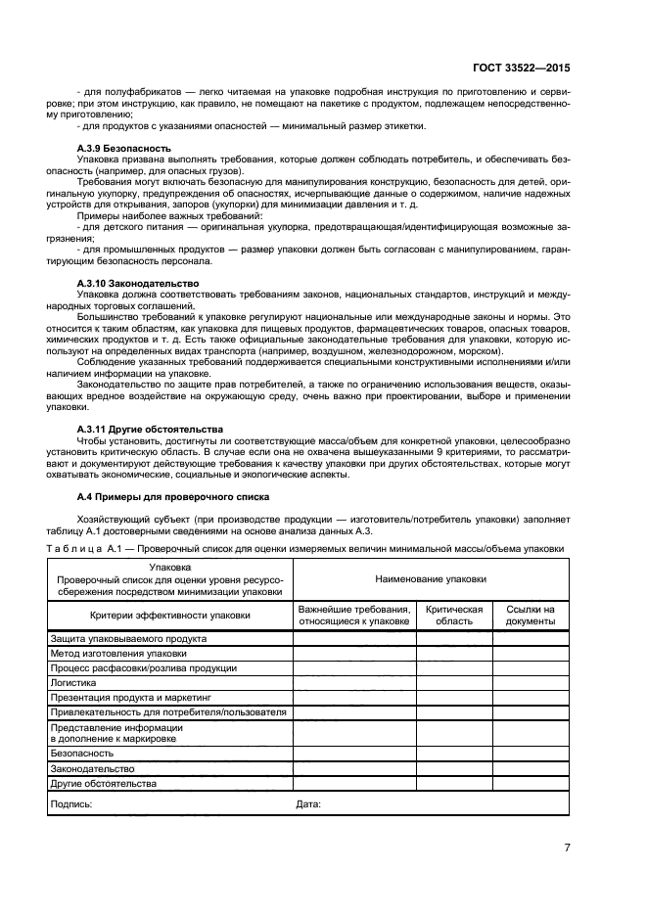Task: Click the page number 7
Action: tap(567, 847)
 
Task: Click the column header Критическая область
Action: tap(454, 615)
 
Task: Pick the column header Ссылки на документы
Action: tap(531, 615)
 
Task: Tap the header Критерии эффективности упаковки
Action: tap(169, 615)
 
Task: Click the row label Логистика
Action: tap(73, 683)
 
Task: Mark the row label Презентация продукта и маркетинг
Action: tap(130, 698)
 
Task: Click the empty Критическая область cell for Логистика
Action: tap(454, 683)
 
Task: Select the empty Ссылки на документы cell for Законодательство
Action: tap(531, 769)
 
